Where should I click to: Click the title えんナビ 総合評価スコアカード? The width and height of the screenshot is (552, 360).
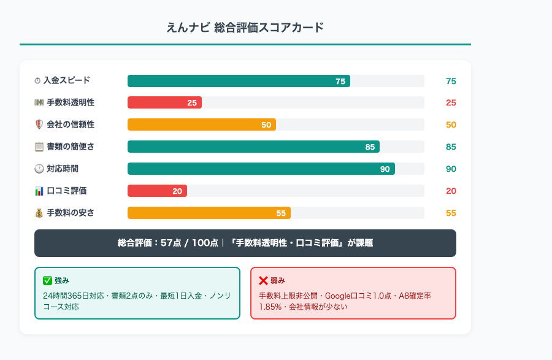(x=245, y=28)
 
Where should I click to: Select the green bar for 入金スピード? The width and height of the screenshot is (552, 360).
(x=239, y=81)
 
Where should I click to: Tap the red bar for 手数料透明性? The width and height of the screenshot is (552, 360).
(x=164, y=102)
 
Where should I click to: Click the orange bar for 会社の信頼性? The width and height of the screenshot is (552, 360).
(x=201, y=124)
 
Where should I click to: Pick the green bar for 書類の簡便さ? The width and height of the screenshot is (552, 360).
(x=253, y=147)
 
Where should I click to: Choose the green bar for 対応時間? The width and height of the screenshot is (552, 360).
(x=261, y=169)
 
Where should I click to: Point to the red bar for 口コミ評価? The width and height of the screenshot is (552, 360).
(x=157, y=191)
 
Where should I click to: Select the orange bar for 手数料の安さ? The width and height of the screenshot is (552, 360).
(x=209, y=213)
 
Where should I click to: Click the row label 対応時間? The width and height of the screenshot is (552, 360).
(x=63, y=169)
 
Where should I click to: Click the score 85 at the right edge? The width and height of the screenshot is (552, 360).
(x=451, y=147)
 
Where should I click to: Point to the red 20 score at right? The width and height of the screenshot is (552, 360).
(x=451, y=191)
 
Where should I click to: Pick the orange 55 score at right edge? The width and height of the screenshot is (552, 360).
(x=451, y=213)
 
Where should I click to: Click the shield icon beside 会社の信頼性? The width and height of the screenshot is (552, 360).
(x=39, y=124)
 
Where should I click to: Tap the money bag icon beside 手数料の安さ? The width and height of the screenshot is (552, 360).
(x=39, y=213)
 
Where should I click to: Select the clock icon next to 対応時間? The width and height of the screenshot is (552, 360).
(x=39, y=169)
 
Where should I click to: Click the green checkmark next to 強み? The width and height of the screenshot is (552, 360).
(x=47, y=280)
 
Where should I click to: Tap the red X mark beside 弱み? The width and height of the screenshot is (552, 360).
(x=263, y=280)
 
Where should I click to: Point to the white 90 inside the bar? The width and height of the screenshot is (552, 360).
(x=385, y=169)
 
